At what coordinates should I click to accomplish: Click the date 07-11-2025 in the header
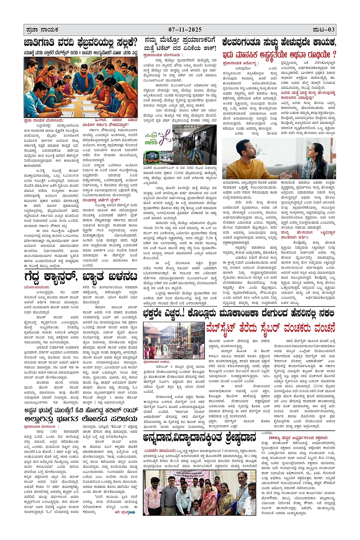click(185, 30)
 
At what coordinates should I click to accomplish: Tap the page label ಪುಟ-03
click(323, 30)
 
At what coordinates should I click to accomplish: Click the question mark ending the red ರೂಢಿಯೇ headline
click(334, 54)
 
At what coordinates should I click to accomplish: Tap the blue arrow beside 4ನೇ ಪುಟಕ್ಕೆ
click(132, 512)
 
